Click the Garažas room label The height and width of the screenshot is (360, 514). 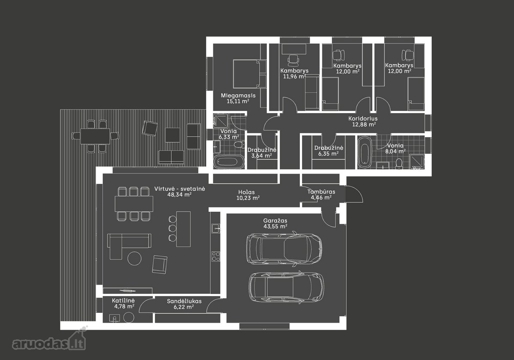pyautogui.click(x=275, y=221)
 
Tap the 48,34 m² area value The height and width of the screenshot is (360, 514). pyautogui.click(x=179, y=195)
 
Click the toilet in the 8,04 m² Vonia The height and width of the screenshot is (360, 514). pyautogui.click(x=399, y=164)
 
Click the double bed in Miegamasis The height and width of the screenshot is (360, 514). pyautogui.click(x=250, y=74)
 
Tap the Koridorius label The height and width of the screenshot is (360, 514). pyautogui.click(x=363, y=118)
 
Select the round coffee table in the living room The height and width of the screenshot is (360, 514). pyautogui.click(x=134, y=258)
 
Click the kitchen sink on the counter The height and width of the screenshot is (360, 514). pyautogui.click(x=215, y=228)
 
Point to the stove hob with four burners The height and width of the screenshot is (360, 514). pyautogui.click(x=216, y=256)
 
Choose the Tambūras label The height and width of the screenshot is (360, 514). pyautogui.click(x=321, y=192)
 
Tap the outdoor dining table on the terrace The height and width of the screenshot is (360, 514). pyautogui.click(x=95, y=136)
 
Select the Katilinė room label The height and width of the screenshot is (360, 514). pyautogui.click(x=123, y=300)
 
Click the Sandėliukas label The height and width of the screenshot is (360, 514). pyautogui.click(x=184, y=301)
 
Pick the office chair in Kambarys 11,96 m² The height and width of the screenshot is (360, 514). pyautogui.click(x=293, y=59)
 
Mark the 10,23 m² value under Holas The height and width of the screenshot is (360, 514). pyautogui.click(x=248, y=198)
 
